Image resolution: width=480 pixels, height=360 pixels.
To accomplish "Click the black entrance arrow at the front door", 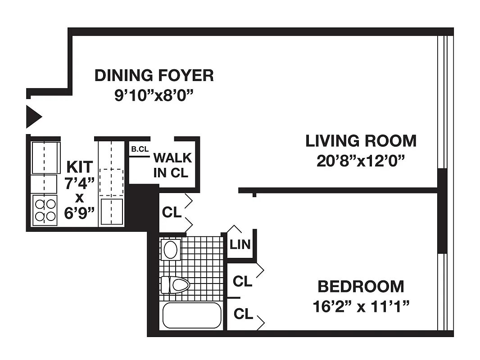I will tap(33, 117).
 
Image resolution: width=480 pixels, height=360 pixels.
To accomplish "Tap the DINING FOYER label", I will tap(154, 76).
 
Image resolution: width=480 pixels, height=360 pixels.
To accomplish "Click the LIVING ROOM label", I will tap(361, 141).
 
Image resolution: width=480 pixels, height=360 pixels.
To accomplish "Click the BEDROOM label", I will tap(361, 286).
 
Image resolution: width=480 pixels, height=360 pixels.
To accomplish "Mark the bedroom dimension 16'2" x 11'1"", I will tap(361, 307).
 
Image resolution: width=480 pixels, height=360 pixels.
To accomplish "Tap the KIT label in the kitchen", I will tap(80, 166).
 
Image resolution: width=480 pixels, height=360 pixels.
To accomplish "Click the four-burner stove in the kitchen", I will tap(45, 210).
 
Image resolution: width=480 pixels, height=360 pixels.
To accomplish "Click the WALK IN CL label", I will tap(172, 165).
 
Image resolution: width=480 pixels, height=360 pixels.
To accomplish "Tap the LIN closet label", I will tap(240, 245).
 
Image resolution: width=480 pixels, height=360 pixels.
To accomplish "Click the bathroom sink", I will tap(170, 249).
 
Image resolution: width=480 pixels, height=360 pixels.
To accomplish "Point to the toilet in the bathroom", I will tap(176, 285).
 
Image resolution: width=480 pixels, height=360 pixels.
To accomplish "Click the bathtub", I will tap(191, 315).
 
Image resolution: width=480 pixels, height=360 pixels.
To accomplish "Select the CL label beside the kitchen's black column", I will tap(172, 212).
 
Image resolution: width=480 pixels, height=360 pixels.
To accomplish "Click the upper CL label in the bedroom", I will tap(242, 282).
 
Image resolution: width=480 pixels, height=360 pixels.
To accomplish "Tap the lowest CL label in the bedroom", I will tap(243, 314).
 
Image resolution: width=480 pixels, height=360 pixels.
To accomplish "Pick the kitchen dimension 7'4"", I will tap(80, 184).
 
